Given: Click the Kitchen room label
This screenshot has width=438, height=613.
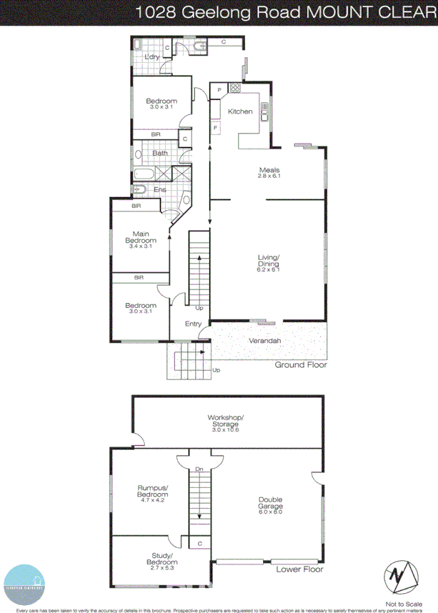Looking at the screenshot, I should pos(240,111).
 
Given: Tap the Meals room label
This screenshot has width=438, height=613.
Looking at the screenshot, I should pos(269,170).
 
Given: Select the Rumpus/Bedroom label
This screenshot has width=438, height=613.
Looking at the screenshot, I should pos(153,492).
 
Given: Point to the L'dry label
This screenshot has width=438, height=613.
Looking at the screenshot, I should pos(151,57).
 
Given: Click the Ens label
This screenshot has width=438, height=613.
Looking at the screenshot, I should pos(160,189).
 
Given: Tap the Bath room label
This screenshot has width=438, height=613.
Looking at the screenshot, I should pos(159,153).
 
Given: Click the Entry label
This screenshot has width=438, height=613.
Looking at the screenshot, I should pos(193,324).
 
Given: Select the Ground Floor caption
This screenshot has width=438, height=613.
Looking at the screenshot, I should pos(301,365).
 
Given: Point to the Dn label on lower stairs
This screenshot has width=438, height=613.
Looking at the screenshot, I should pos(200,469).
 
